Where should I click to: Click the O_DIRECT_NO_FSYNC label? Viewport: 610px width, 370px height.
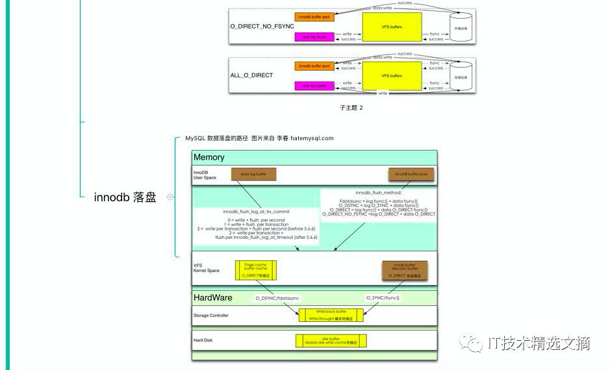(262, 25)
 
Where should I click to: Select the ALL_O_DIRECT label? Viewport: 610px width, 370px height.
(251, 75)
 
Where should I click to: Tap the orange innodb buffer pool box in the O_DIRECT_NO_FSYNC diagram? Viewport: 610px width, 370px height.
(313, 17)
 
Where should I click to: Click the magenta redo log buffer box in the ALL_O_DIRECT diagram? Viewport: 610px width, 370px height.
(313, 86)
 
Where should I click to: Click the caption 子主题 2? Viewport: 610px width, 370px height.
(351, 108)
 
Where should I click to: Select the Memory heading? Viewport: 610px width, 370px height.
(209, 157)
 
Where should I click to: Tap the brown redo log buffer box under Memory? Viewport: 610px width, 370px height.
(253, 174)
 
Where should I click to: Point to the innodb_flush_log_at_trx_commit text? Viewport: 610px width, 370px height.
(256, 212)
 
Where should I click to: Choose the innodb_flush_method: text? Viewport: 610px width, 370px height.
(379, 193)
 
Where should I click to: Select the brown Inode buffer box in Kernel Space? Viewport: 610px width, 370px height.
(404, 270)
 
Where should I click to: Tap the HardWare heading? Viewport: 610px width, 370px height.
(213, 297)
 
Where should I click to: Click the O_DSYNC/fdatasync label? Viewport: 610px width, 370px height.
(277, 297)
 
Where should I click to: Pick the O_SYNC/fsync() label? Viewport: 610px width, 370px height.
(383, 297)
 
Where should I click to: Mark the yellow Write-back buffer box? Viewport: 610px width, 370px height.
(331, 315)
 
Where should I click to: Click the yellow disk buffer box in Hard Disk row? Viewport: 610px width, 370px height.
(331, 340)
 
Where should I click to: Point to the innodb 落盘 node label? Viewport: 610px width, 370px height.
(125, 198)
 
